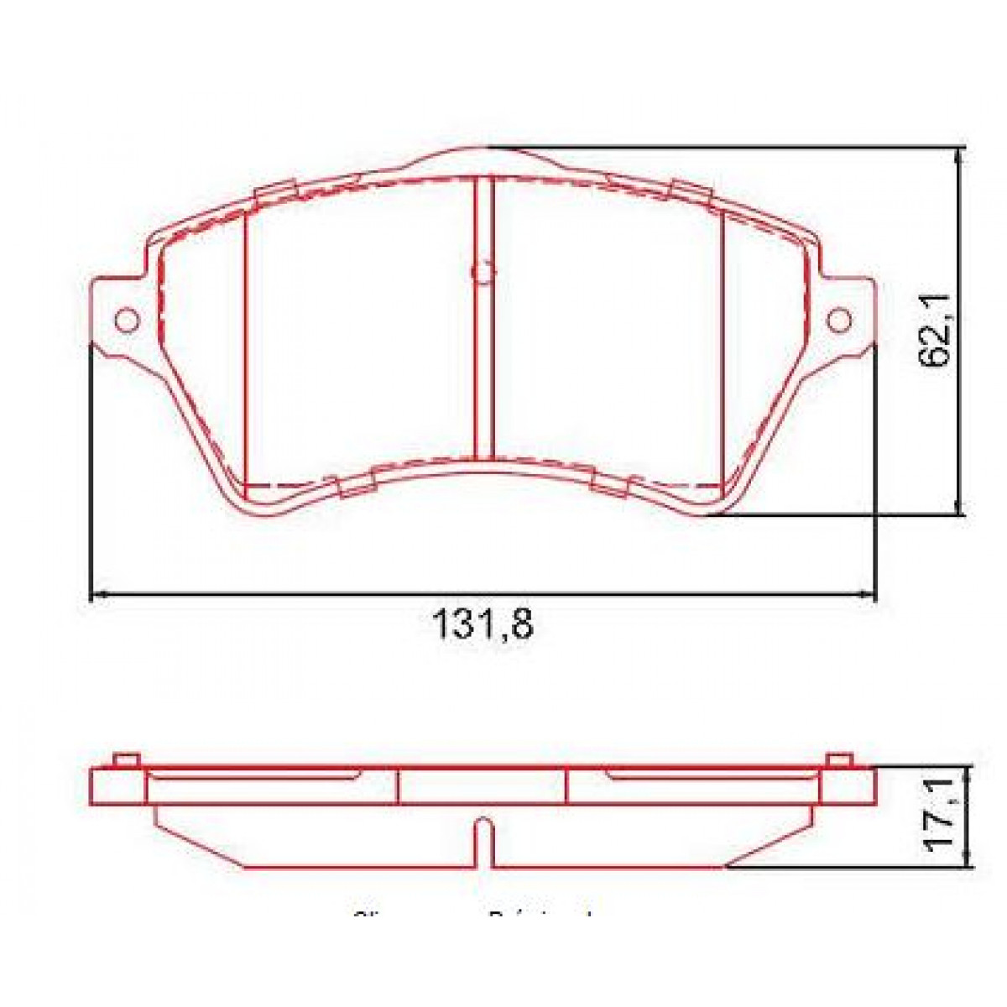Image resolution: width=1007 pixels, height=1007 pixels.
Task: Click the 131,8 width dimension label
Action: coord(483,625)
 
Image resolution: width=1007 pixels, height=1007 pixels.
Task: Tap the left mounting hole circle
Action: coord(127,320)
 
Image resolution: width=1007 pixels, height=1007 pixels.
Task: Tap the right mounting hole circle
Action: coord(838,320)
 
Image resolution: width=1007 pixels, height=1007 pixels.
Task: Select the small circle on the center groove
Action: coord(483,271)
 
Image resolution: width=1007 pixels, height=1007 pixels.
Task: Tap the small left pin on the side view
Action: coord(125,759)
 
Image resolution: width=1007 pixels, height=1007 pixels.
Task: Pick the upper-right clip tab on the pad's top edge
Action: coord(691,192)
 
